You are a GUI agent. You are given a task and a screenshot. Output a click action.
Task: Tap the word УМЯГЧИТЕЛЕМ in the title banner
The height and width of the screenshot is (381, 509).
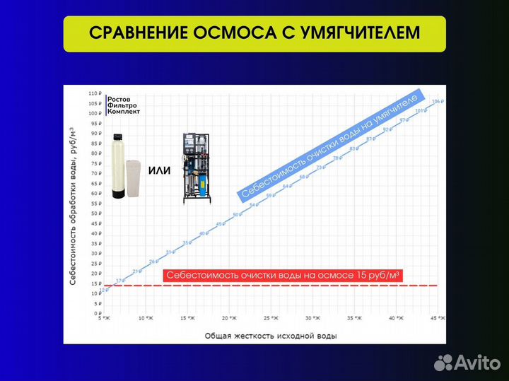pyautogui.click(x=353, y=34)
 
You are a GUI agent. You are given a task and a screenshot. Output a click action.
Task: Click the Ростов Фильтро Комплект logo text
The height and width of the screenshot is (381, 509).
pyautogui.click(x=124, y=105)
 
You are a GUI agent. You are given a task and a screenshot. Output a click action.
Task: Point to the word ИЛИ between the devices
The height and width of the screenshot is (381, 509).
pyautogui.click(x=160, y=170)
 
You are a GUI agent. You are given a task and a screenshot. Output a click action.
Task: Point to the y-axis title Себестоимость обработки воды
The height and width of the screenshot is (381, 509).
pyautogui.click(x=72, y=206)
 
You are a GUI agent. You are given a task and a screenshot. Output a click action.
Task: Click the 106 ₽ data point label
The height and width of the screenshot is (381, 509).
pyautogui.click(x=436, y=102)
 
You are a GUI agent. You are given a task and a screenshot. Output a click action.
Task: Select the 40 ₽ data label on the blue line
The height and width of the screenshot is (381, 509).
pyautogui.click(x=203, y=233)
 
